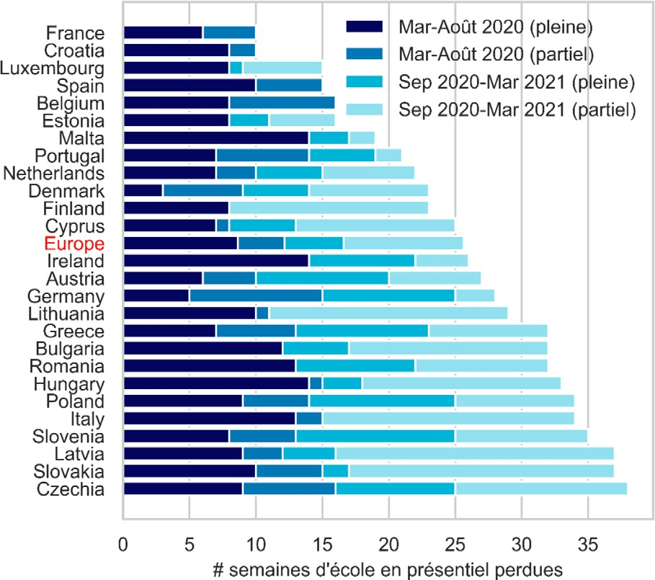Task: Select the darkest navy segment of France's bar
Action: point(163,32)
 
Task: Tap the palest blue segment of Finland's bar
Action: point(328,209)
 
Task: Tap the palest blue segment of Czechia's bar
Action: point(540,489)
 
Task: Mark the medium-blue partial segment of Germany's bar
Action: point(256,296)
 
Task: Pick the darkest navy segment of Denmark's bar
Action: point(143,191)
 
